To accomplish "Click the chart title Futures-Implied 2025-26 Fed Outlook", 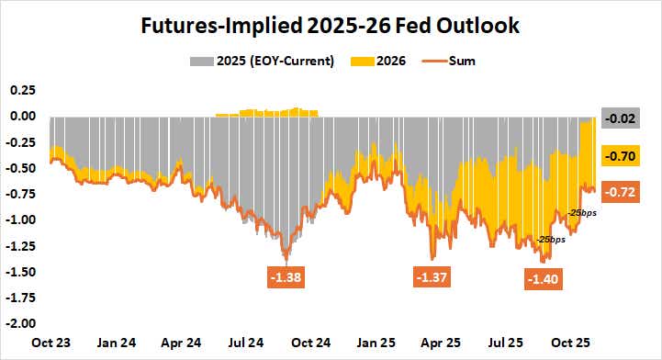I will pos(331,26).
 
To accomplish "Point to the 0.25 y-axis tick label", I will pos(21,90).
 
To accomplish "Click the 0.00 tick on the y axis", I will pos(21,117).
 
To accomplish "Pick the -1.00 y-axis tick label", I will pos(19,220).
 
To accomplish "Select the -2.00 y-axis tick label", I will pos(19,323).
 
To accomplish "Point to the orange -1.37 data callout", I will pos(432,276).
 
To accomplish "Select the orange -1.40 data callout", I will pos(546,279).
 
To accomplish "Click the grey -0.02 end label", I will pos(623,118).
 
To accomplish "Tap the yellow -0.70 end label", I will pos(623,157).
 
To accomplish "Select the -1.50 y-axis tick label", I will pos(19,272).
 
